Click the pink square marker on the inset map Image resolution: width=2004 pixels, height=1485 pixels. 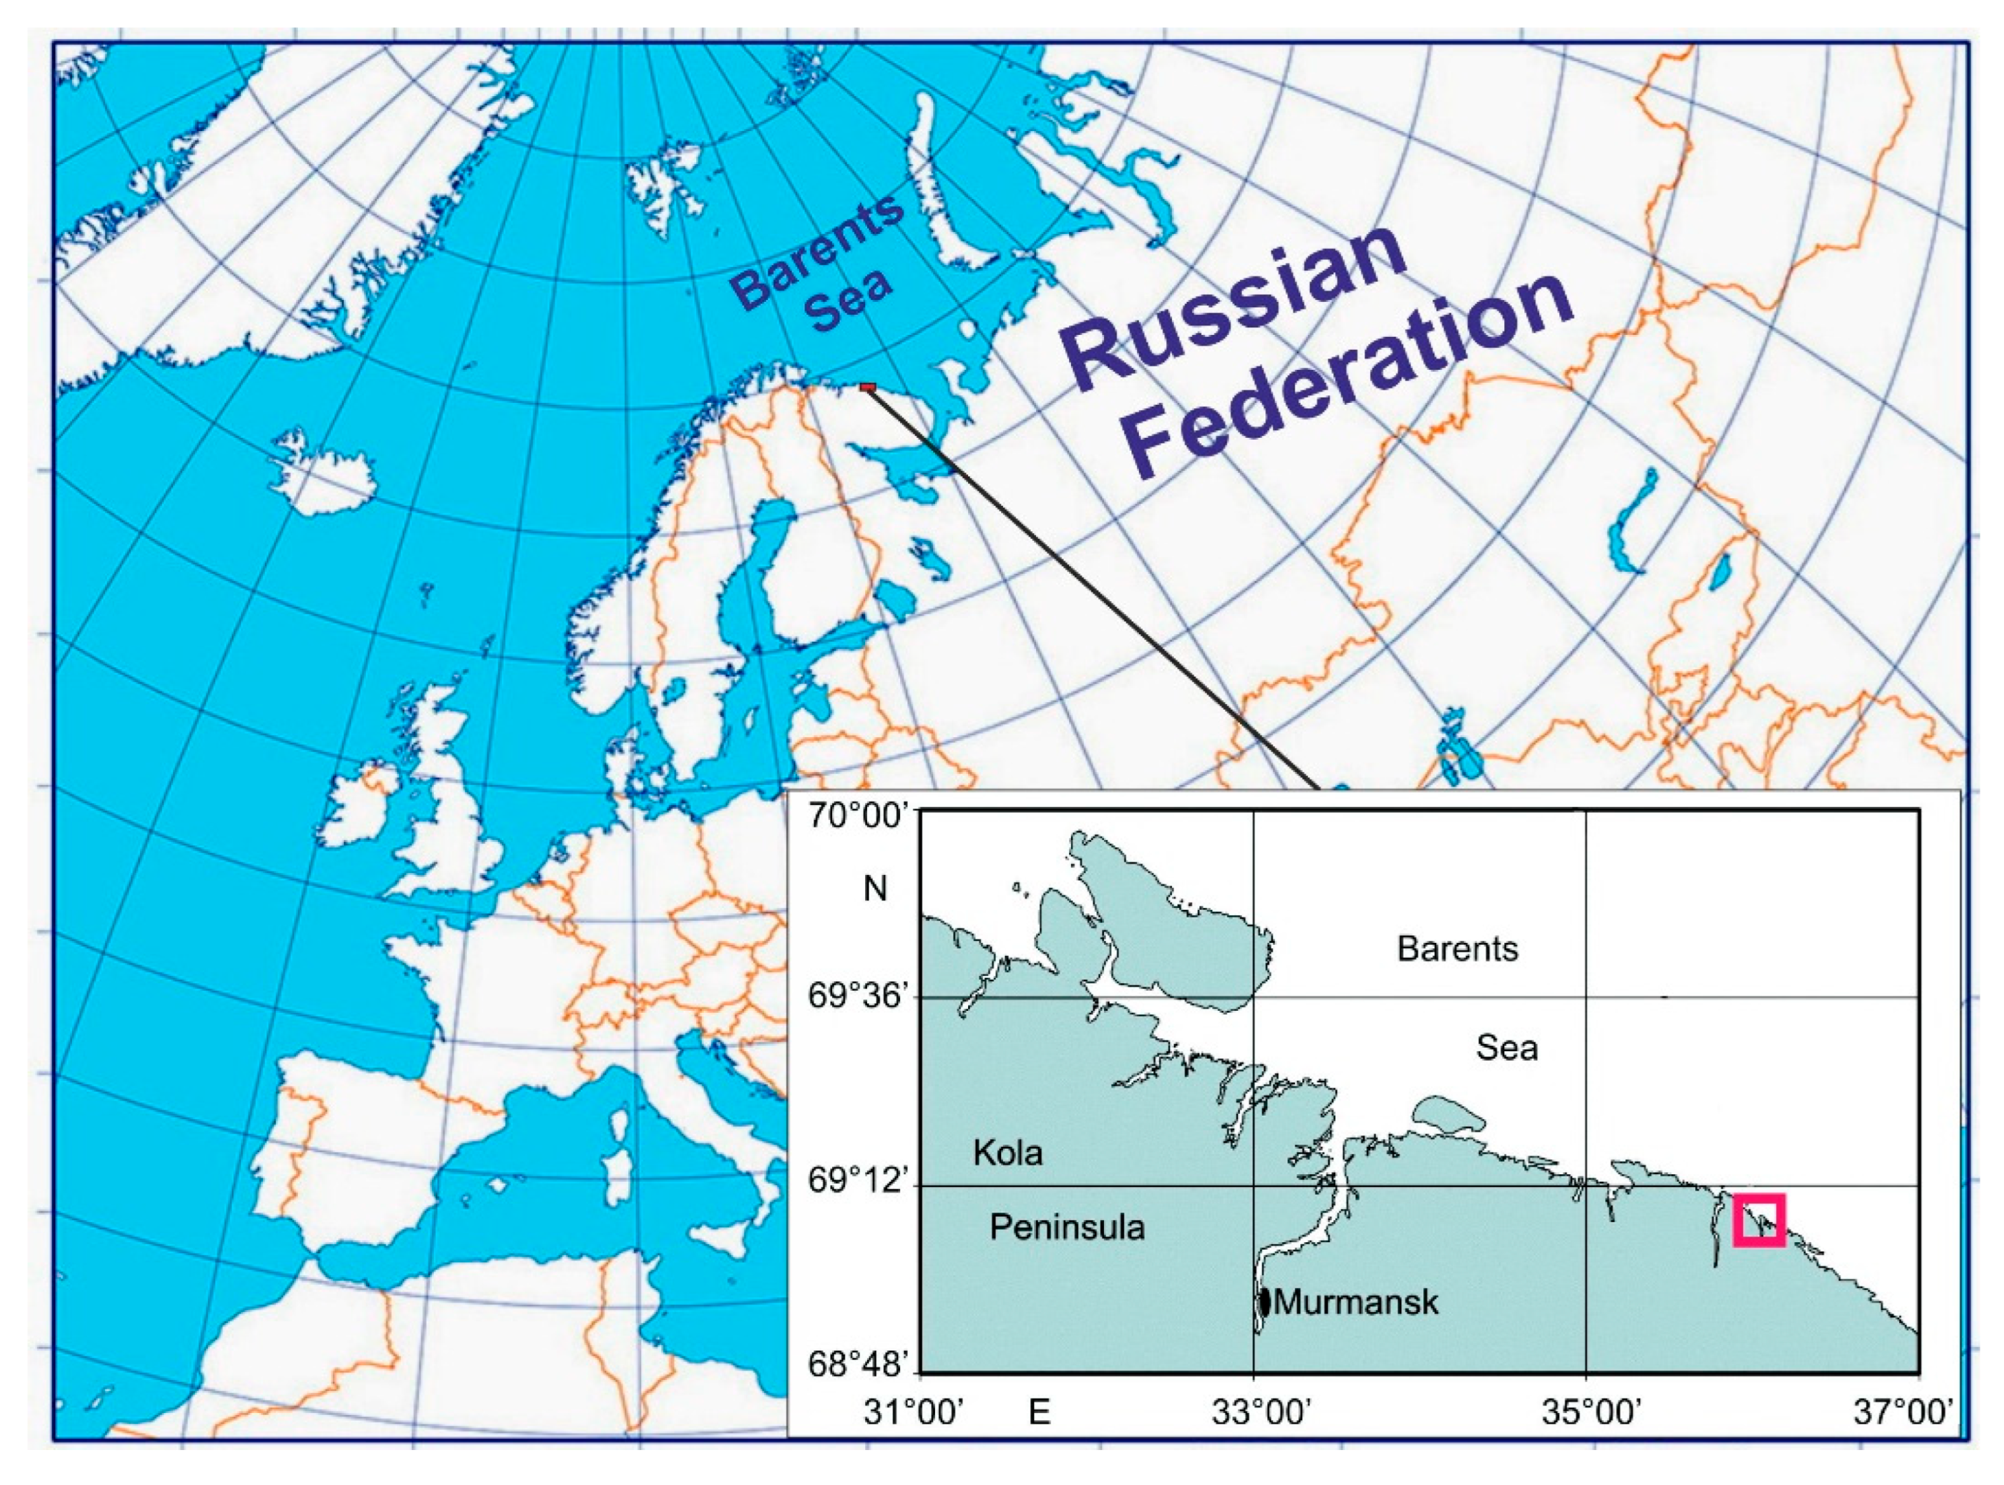1758,1220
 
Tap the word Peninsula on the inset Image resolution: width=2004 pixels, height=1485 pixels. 1067,1227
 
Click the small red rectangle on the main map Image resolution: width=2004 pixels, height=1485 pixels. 868,386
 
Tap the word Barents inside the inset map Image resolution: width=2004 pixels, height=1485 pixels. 1458,949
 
